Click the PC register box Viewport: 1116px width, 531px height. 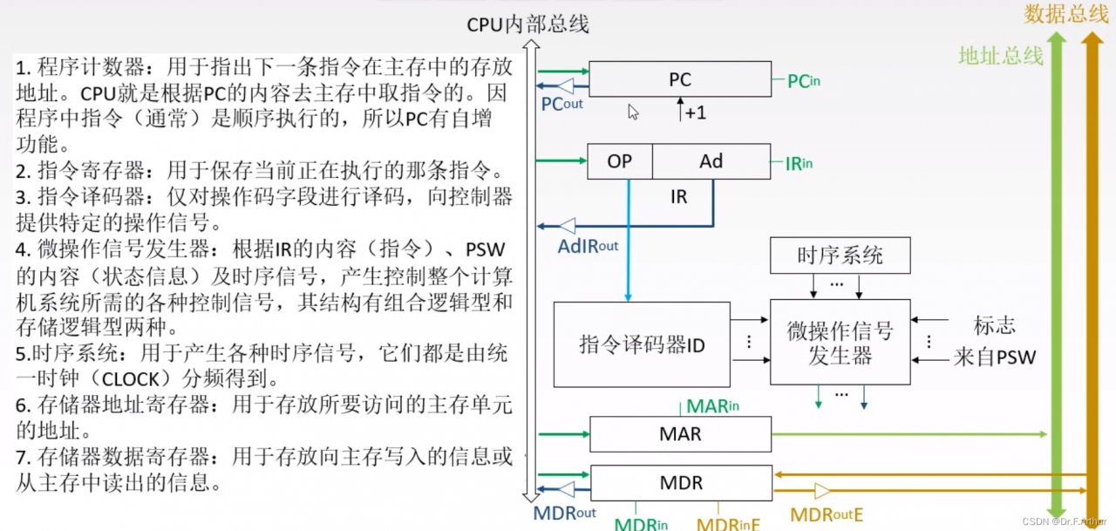680,79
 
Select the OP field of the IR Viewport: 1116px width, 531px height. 620,161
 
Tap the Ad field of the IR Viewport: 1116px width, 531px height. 711,161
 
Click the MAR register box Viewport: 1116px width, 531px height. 681,434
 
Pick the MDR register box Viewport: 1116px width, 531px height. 681,483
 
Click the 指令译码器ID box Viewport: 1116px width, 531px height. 642,344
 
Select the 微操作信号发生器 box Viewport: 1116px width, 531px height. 840,342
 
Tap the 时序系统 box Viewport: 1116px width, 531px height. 840,255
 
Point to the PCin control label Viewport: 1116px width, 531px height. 804,81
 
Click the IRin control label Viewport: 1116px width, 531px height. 799,163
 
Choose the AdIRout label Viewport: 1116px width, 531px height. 588,246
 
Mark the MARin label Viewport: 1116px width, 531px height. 712,406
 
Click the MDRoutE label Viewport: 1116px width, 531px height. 827,514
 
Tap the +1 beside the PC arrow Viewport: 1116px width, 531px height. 696,113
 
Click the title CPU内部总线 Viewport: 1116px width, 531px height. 527,24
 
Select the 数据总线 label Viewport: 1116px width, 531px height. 1065,13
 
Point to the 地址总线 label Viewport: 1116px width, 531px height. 1001,55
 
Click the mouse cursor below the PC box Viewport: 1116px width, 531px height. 633,112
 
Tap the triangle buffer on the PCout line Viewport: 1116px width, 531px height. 566,85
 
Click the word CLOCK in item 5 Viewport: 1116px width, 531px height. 130,379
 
